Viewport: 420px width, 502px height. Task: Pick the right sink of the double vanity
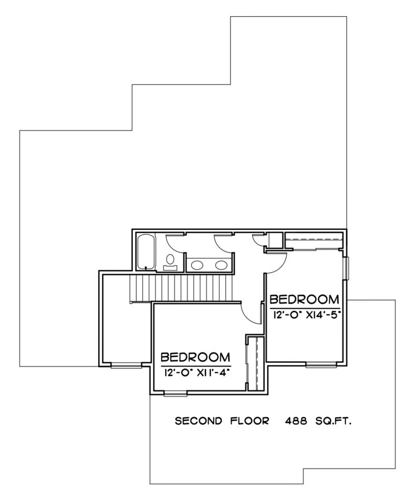[221, 265]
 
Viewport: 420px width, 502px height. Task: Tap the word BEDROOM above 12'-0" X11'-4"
[196, 358]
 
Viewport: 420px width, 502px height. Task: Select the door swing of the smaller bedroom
[252, 313]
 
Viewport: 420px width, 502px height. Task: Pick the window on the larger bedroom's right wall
[347, 267]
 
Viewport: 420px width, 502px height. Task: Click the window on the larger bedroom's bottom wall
[321, 365]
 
